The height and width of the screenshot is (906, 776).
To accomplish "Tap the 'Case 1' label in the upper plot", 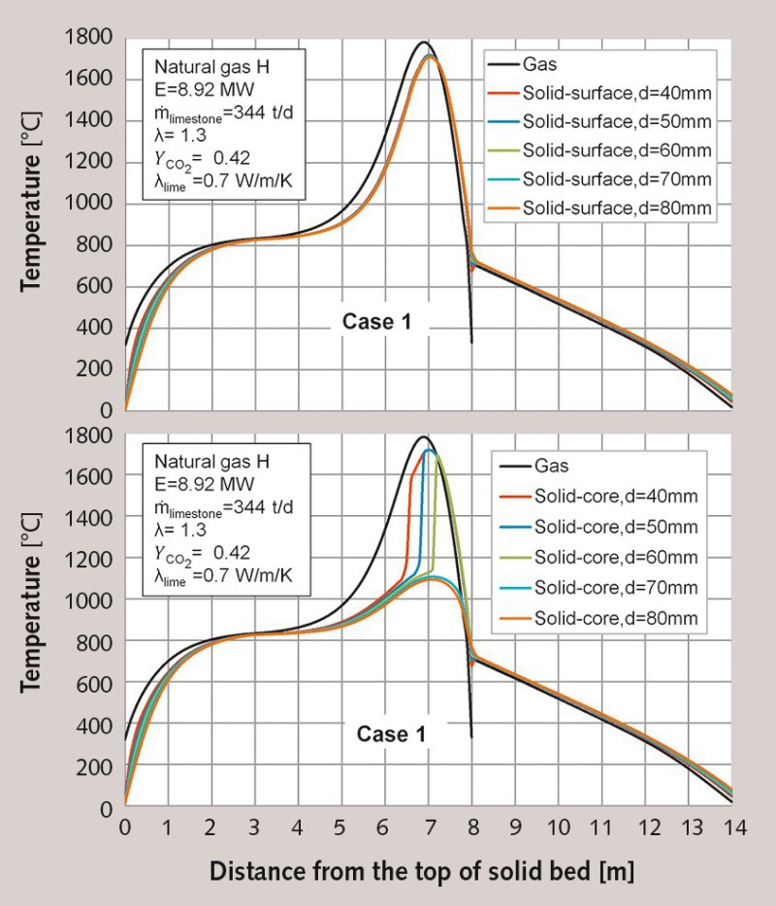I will pos(376,322).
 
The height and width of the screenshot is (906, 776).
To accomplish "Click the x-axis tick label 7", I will pos(428,826).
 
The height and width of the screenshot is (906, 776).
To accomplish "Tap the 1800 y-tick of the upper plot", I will pos(89,38).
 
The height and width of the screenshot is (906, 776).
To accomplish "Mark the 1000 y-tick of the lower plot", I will pos(89,600).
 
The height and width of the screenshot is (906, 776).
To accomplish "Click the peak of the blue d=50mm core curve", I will pos(428,449).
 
